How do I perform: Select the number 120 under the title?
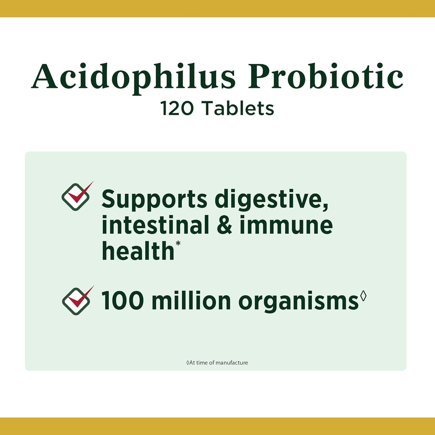coord(178,108)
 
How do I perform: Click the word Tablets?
coord(237,108)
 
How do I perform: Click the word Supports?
coord(155,200)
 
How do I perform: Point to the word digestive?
coord(271,200)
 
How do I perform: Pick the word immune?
coord(286,226)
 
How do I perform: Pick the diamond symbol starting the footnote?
coord(188,363)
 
